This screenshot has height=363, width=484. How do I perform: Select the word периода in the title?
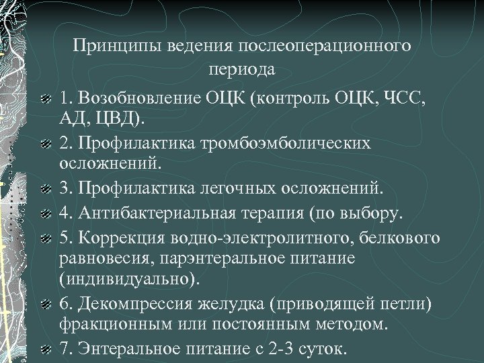pos(241,69)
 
